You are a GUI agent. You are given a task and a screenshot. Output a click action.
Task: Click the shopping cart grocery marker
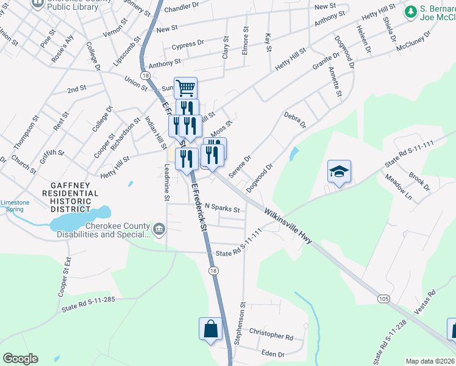coord(185,88)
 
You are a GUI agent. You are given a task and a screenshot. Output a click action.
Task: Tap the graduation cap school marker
coord(339,171)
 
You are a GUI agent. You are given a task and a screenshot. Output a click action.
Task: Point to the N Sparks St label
coord(223,208)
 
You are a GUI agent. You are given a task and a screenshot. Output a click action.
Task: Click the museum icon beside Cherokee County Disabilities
coord(159,229)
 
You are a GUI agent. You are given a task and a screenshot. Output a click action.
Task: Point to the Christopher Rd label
coord(271,335)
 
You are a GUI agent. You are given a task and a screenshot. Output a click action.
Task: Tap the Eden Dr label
coord(273,354)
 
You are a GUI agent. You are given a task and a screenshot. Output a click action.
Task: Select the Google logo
coord(20,359)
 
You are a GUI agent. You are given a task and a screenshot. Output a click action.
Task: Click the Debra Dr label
coord(294,120)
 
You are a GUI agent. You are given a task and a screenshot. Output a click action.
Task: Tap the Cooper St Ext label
coord(63,280)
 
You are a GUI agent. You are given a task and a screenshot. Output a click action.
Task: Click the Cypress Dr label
coord(188,45)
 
